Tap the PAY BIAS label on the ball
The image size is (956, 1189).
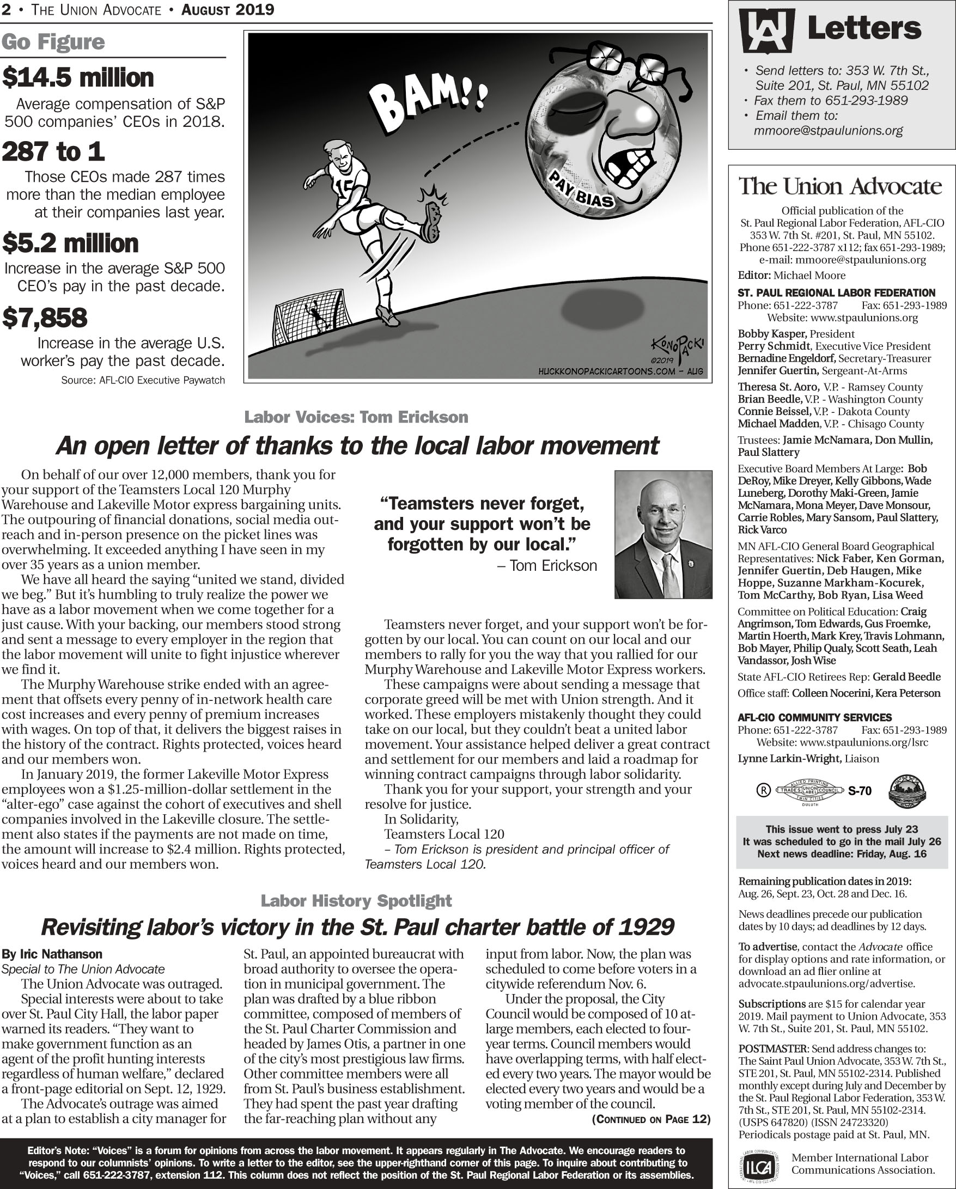[581, 189]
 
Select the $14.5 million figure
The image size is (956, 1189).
[78, 78]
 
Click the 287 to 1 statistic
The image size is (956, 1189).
[53, 151]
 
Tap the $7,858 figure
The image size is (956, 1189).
[45, 318]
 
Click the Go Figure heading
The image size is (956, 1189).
[53, 42]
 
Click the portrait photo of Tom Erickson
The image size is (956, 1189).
[663, 534]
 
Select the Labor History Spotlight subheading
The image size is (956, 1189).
[356, 900]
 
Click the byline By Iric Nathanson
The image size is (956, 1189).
[52, 954]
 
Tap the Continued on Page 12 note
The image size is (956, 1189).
[651, 1119]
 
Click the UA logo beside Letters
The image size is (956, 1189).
[767, 31]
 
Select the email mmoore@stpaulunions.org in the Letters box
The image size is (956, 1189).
[828, 131]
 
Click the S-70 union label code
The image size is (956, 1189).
[860, 791]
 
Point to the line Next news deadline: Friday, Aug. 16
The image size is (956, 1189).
[841, 854]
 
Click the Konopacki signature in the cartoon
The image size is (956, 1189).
[677, 348]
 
